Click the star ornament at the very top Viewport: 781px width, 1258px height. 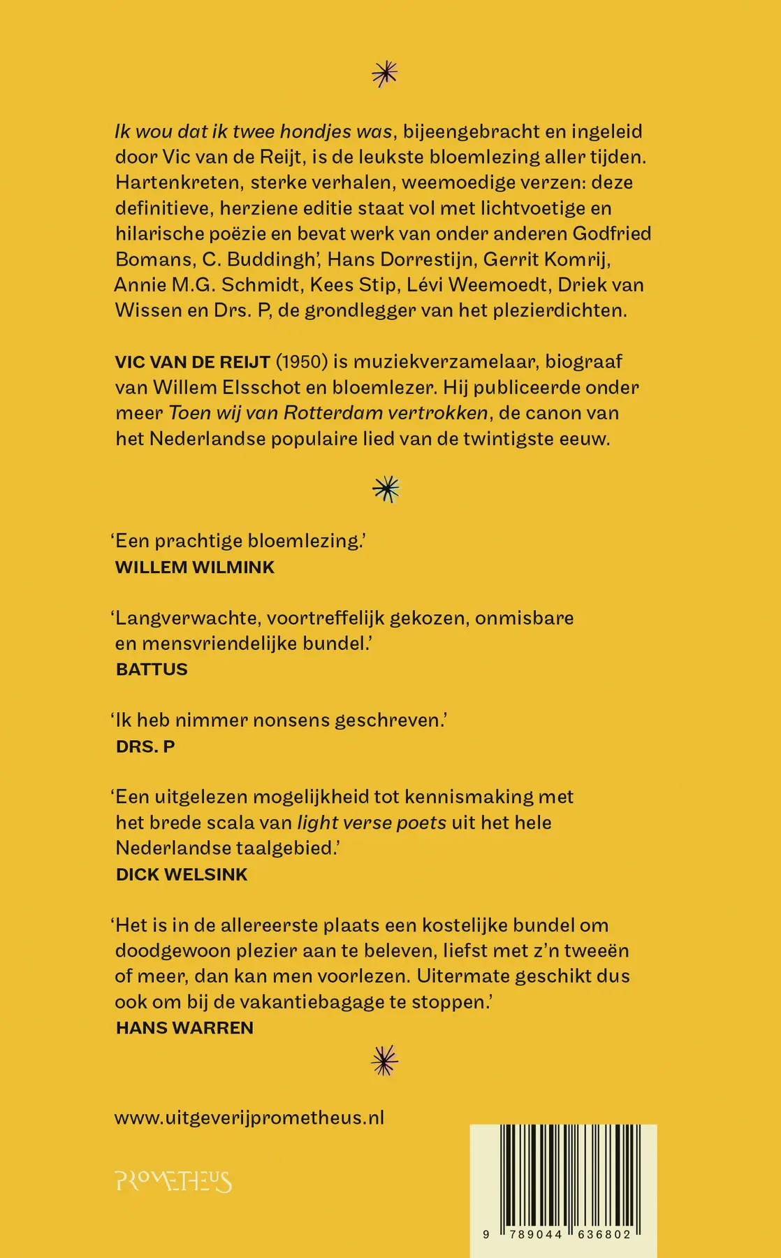[x=385, y=73]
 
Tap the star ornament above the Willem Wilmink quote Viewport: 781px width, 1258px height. [x=386, y=489]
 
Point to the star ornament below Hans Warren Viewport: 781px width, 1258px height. [x=385, y=1060]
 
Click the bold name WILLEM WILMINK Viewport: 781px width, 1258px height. [x=195, y=567]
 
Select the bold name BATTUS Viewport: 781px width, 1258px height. [x=152, y=669]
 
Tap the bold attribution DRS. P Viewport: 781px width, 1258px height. [x=145, y=746]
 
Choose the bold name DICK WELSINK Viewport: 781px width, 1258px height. [x=182, y=874]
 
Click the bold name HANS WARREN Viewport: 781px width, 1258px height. [x=184, y=1027]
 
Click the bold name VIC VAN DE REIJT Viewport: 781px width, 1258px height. [x=193, y=362]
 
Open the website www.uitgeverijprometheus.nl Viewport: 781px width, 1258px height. [x=249, y=1118]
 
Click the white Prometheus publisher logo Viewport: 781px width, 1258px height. [x=173, y=1181]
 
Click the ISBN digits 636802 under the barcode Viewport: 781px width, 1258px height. [x=604, y=1235]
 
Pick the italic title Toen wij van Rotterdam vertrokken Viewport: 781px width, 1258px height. [x=328, y=413]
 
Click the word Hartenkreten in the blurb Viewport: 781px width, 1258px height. [x=177, y=182]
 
